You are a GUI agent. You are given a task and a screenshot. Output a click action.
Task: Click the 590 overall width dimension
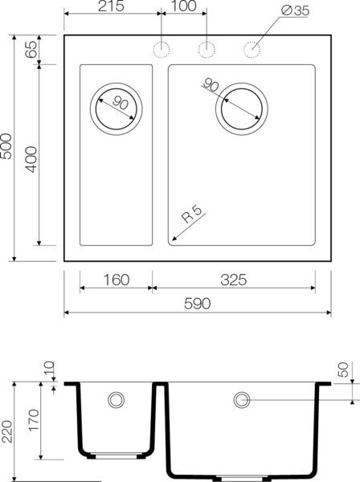198,304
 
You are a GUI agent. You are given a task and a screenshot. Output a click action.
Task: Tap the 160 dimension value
117,280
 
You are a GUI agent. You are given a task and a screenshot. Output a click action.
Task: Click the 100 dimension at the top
185,7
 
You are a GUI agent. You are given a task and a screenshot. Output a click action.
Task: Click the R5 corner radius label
192,215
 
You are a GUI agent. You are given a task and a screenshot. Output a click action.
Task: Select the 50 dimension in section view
345,371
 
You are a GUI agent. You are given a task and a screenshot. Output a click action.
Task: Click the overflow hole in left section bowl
117,399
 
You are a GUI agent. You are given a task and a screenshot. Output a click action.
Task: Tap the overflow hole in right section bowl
241,399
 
